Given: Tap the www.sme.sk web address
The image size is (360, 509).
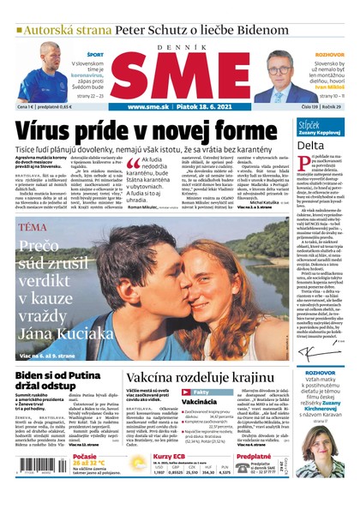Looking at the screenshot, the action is pyautogui.click(x=147, y=107).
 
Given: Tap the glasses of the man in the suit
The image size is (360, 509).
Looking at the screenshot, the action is pyautogui.click(x=280, y=63).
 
